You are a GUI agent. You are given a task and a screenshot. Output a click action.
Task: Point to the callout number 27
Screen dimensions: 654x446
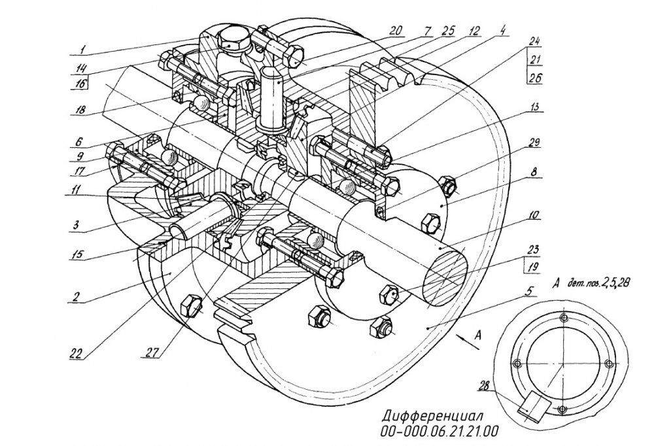coord(153,352)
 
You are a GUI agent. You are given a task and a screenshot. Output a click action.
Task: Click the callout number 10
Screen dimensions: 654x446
coord(533,215)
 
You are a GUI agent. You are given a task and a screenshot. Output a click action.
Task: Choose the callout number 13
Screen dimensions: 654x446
coord(534,107)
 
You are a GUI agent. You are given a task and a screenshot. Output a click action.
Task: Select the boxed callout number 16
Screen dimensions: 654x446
coord(79,84)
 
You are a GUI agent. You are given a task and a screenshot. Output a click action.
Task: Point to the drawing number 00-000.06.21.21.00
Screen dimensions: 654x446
coord(439,430)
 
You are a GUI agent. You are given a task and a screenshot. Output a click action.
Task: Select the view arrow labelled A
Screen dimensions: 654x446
coord(468,339)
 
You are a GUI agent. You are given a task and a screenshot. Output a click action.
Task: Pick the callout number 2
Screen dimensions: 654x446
coord(77,296)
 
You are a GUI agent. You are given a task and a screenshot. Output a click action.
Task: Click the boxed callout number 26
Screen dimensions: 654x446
coord(534,77)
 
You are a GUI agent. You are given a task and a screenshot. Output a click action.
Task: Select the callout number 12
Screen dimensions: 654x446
coord(473,31)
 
